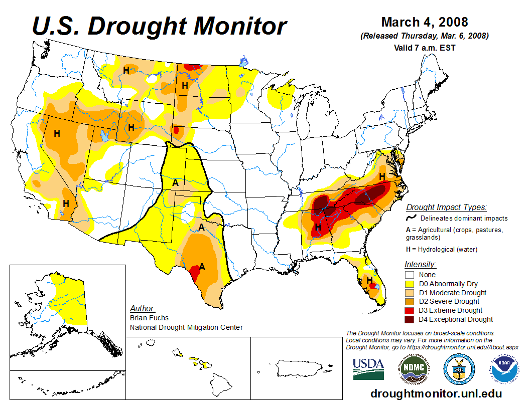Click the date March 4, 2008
pos(425,22)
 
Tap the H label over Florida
pos(369,280)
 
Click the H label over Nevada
pos(57,133)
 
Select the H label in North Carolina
pos(382,176)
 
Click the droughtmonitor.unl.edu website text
pos(436,393)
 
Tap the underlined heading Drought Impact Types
pos(446,207)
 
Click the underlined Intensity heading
pos(420,264)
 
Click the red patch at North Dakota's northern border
pos(190,67)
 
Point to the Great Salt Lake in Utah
pos(104,135)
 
